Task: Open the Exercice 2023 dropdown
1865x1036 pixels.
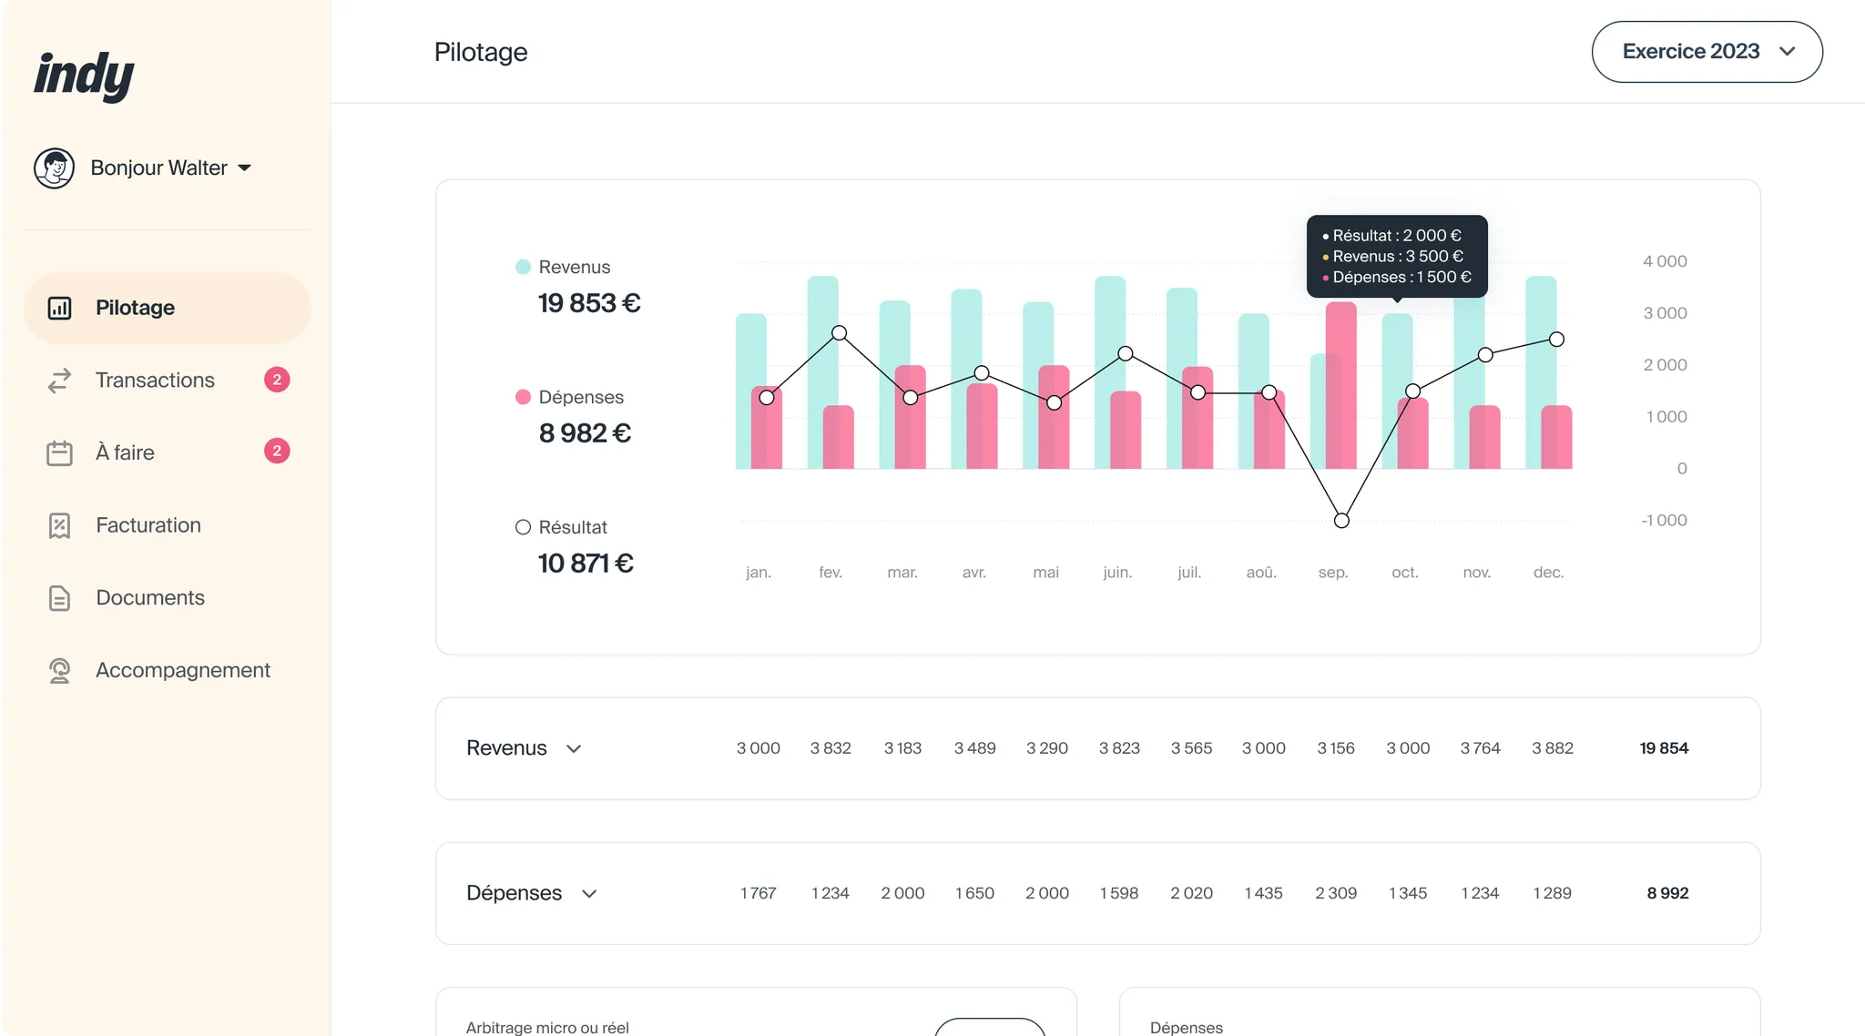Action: click(x=1707, y=52)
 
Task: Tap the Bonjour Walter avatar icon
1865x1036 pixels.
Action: click(x=54, y=168)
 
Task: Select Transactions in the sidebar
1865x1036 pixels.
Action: click(x=155, y=381)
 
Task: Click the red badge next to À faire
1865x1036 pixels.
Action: click(x=277, y=452)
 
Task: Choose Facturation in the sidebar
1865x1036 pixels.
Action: click(x=148, y=525)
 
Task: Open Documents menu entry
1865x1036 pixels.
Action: click(x=149, y=598)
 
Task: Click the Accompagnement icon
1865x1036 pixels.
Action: click(x=59, y=671)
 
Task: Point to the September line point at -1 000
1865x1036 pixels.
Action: click(x=1341, y=521)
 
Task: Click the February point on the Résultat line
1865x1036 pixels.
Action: click(x=839, y=333)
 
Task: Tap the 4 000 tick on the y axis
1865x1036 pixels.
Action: click(x=1665, y=261)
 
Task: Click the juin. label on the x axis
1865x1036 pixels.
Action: click(x=1117, y=573)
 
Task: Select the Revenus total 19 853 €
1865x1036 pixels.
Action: click(x=589, y=303)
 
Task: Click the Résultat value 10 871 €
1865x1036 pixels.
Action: click(x=586, y=564)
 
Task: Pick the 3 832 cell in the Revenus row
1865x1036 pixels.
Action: click(x=831, y=748)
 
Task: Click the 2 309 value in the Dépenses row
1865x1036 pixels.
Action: click(x=1335, y=893)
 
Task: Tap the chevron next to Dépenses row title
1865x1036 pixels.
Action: click(x=589, y=894)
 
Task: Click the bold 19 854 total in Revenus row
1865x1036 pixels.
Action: click(x=1664, y=748)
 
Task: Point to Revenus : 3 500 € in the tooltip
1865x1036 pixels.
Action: click(x=1397, y=257)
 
